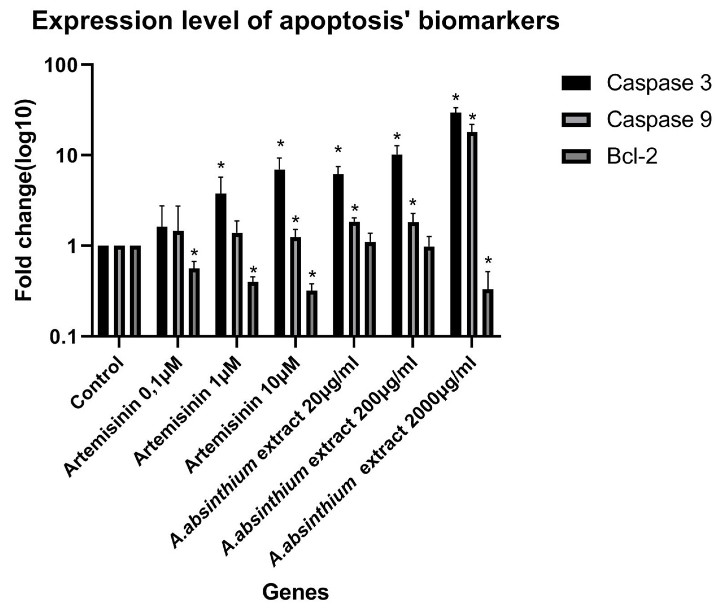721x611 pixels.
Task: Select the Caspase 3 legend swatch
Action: pyautogui.click(x=576, y=83)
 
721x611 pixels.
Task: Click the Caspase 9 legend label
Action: pyautogui.click(x=659, y=119)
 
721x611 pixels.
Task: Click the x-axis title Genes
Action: pyautogui.click(x=295, y=592)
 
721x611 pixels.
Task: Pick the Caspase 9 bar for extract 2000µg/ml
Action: pyautogui.click(x=472, y=234)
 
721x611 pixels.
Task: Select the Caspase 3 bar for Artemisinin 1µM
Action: pyautogui.click(x=220, y=265)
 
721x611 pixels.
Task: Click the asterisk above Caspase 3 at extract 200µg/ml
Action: pyautogui.click(x=397, y=136)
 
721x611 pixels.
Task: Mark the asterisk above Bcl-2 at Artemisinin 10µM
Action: pyautogui.click(x=312, y=275)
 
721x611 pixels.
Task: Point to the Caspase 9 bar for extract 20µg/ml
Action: pyautogui.click(x=354, y=279)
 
